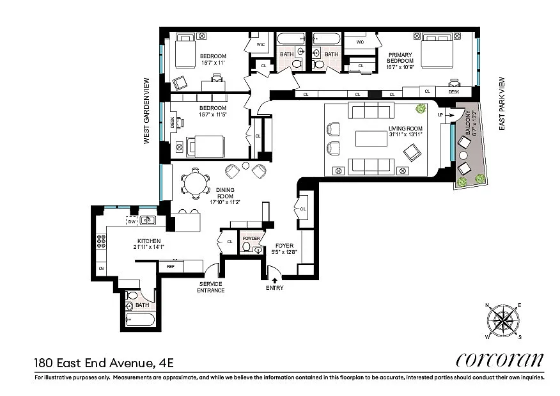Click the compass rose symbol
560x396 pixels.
pos(503,321)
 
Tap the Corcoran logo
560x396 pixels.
pos(500,360)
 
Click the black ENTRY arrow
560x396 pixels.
pos(275,281)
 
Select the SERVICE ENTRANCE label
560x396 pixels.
pos(211,287)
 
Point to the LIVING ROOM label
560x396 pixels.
pos(405,129)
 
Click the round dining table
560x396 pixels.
pos(196,183)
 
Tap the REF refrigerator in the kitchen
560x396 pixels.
pos(171,266)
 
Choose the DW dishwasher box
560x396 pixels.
pos(132,221)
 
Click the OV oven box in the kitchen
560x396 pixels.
pos(102,269)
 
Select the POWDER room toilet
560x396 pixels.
pos(246,246)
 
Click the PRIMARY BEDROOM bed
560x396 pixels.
pos(437,51)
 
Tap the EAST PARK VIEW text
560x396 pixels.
pos(502,104)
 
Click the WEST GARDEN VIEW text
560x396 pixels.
pos(146,111)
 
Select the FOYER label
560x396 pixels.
pos(284,246)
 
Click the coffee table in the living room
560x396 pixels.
pos(371,139)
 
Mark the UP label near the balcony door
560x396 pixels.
pos(440,115)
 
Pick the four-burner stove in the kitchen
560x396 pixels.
pos(101,241)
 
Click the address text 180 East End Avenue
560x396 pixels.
pos(94,363)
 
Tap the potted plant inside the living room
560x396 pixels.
pos(421,108)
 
